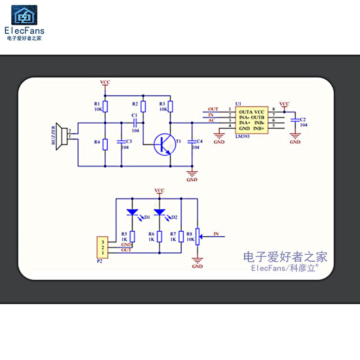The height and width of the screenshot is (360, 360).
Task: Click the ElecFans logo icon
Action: (x=24, y=15)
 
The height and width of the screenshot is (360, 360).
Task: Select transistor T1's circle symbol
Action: (x=163, y=144)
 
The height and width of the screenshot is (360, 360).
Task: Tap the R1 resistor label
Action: (x=98, y=103)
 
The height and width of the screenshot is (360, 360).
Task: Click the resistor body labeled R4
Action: (x=105, y=144)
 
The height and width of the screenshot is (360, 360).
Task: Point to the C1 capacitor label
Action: (x=134, y=116)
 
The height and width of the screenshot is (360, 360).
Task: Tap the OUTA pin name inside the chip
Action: (x=246, y=112)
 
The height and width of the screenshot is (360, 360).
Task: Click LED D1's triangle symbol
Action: (x=132, y=211)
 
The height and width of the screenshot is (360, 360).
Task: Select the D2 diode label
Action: (x=174, y=217)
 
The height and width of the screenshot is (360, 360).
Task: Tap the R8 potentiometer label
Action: (x=189, y=234)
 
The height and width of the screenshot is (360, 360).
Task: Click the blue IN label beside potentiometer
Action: (x=216, y=234)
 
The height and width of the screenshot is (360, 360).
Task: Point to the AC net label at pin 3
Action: (x=211, y=120)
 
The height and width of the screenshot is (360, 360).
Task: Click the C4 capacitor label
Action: (x=200, y=141)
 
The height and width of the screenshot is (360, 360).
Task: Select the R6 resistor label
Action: (x=152, y=234)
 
